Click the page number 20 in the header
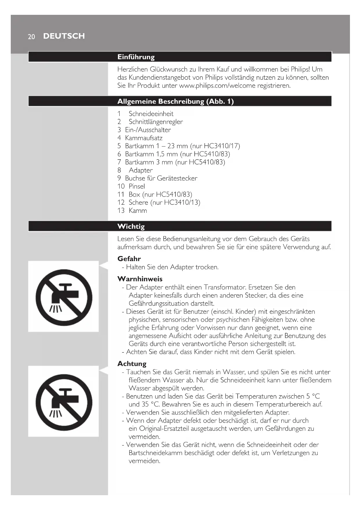31,37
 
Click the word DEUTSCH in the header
64,36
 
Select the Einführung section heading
136,57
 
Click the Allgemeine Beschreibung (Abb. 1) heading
175,101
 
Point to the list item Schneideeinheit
151,114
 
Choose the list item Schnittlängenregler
156,122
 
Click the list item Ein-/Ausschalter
148,130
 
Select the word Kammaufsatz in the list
144,138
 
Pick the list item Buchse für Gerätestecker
161,178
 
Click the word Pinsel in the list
137,186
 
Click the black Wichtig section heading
131,227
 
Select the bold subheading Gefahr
129,259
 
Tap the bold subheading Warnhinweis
140,279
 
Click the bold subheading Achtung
132,364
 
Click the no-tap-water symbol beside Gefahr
64,297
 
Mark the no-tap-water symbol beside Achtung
64,402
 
